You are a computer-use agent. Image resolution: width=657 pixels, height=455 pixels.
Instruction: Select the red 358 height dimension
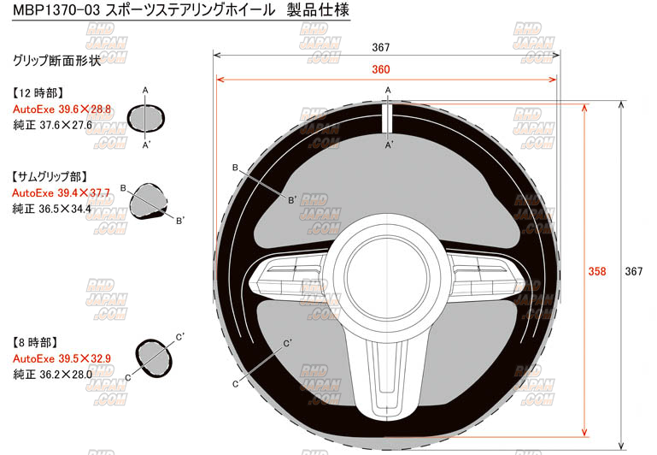(597, 271)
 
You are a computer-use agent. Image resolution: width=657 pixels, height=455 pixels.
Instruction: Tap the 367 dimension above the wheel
(383, 47)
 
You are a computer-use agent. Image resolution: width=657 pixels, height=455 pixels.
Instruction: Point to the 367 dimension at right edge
(633, 271)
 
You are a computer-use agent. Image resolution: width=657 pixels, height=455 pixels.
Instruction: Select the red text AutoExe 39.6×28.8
(62, 109)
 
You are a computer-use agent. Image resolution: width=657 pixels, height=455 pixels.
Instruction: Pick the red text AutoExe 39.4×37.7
(62, 192)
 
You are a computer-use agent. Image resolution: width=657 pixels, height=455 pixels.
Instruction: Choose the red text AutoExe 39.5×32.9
(62, 357)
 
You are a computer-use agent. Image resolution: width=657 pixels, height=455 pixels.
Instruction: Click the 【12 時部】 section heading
(38, 93)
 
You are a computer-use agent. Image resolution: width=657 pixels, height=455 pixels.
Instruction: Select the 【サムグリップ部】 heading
(50, 177)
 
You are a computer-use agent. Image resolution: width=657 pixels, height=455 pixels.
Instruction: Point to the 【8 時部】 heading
(36, 342)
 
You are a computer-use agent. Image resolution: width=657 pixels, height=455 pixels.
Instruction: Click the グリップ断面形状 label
(48, 62)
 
